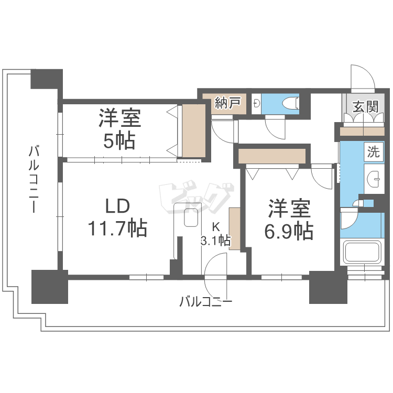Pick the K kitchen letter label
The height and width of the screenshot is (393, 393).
click(x=215, y=227)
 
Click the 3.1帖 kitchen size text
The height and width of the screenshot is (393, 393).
click(x=215, y=241)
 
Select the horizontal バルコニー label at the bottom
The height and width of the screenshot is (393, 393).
click(x=205, y=302)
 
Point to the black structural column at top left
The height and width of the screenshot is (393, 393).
click(x=47, y=79)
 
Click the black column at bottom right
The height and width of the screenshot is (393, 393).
click(x=328, y=287)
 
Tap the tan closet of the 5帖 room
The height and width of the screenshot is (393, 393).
click(x=193, y=130)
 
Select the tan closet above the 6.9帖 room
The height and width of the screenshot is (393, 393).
click(x=271, y=156)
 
